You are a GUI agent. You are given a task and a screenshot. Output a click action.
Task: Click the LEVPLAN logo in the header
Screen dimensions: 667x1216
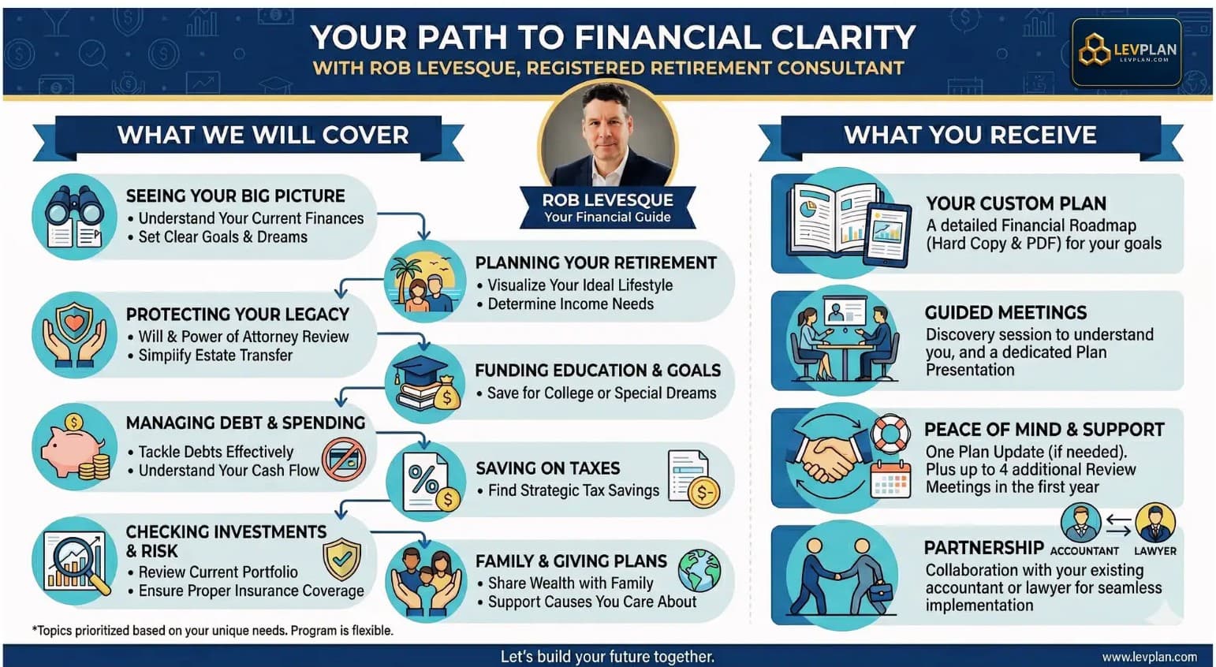click(x=1126, y=52)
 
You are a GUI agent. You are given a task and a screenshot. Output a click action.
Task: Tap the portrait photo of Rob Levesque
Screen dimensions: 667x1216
click(x=607, y=134)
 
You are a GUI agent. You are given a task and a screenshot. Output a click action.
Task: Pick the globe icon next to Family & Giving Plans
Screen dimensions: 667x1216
click(x=699, y=570)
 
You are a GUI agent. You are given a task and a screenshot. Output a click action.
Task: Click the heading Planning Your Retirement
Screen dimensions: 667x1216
click(x=595, y=263)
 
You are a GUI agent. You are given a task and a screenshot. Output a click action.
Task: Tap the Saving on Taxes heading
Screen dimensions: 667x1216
click(x=547, y=468)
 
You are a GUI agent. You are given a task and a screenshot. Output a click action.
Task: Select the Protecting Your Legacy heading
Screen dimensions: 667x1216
click(x=237, y=315)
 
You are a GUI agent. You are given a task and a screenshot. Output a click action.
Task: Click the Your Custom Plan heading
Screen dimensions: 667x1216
click(x=1016, y=203)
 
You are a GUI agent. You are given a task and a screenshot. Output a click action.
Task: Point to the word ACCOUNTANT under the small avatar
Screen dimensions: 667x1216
click(x=1084, y=551)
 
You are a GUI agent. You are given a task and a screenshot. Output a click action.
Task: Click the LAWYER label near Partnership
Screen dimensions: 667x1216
click(x=1154, y=551)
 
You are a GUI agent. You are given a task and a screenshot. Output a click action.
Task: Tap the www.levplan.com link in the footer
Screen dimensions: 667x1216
click(x=1149, y=657)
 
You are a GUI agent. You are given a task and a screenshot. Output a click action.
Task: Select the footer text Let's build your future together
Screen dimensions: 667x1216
click(x=607, y=657)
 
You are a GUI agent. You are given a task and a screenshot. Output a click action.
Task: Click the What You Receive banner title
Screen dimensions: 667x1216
click(x=970, y=136)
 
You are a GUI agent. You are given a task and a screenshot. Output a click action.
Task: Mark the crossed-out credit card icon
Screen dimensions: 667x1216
click(x=343, y=460)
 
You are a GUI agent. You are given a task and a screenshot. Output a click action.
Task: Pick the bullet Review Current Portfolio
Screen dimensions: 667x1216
click(x=218, y=572)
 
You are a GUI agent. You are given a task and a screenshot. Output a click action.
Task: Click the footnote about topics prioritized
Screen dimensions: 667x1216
click(x=212, y=631)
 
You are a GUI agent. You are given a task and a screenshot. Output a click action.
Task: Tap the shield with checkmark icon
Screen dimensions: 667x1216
click(x=341, y=559)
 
